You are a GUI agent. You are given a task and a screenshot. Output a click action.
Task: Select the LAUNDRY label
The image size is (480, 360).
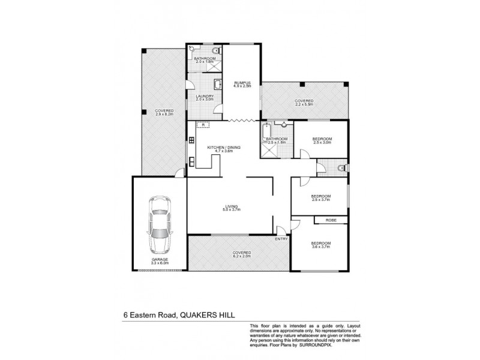(x=205, y=97)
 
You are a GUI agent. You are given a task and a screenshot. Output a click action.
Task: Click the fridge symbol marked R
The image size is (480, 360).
(x=203, y=125)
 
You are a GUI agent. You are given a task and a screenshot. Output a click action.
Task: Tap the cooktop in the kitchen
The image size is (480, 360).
(x=191, y=141)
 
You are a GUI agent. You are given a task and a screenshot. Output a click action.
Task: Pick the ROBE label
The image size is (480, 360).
(x=330, y=220)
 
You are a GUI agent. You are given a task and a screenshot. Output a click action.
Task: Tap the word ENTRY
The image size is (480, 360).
(x=281, y=239)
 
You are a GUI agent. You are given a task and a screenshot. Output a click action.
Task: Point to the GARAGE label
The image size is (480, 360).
(x=160, y=260)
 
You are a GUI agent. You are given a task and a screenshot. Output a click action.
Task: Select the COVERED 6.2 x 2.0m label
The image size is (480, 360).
(x=242, y=254)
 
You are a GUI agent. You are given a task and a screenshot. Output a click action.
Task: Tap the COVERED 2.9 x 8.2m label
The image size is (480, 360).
(x=164, y=112)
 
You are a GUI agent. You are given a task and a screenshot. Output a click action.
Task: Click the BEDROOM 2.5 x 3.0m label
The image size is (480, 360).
(x=322, y=140)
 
